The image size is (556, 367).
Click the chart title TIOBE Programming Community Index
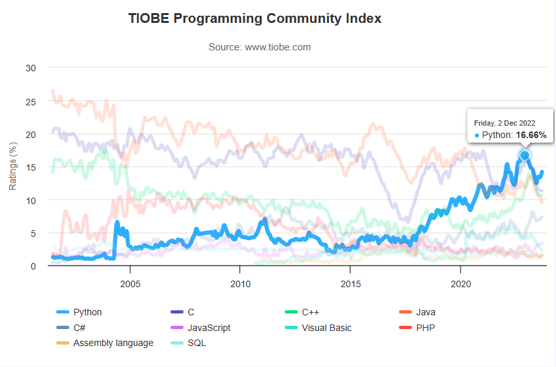[255, 18]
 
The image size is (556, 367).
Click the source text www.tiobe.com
[259, 47]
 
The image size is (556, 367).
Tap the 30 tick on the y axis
[31, 68]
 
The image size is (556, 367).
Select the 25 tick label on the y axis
[31, 101]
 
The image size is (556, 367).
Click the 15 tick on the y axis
[31, 167]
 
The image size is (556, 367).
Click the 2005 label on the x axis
[130, 285]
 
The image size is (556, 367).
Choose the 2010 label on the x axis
[241, 285]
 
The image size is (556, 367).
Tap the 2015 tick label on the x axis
[351, 285]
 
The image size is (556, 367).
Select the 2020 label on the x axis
[461, 285]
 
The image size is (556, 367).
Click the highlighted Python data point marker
[524, 155]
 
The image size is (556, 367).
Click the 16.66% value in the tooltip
[531, 135]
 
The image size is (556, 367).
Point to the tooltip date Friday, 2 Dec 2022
[504, 122]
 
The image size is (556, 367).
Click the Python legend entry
[87, 313]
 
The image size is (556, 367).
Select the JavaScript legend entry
[208, 328]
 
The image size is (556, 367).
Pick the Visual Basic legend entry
[326, 328]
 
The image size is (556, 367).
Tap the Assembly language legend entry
[113, 343]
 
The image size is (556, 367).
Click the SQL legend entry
[196, 343]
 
